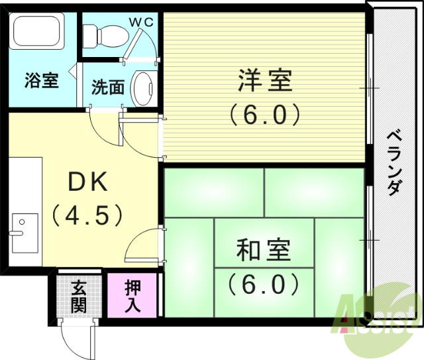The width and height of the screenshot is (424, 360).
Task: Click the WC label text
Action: (141, 22)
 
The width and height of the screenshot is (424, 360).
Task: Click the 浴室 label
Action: (42, 81)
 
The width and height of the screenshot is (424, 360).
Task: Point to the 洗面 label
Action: (108, 87)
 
